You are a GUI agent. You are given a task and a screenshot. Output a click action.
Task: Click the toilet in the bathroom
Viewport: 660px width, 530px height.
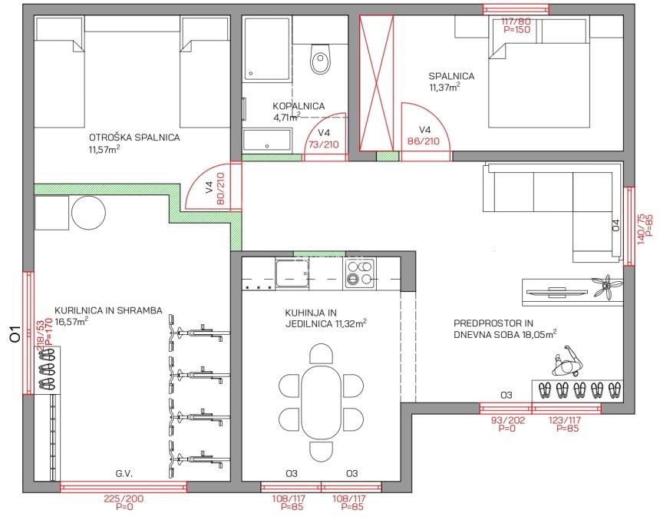coord(321,58)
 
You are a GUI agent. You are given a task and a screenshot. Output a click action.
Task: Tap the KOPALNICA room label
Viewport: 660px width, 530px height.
coord(299,106)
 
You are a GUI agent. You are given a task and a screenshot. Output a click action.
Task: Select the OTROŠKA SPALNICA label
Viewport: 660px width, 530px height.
coord(134,137)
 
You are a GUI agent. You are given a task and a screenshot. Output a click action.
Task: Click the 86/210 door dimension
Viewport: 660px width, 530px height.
coord(424,141)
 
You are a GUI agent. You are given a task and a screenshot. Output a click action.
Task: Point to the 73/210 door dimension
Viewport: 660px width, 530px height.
coord(324,144)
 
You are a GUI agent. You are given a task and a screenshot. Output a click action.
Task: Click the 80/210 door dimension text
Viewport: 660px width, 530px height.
coord(220,189)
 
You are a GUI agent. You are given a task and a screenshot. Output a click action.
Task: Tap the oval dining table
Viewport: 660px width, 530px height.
coord(321,402)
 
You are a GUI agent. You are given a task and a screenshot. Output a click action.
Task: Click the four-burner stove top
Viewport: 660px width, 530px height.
coord(360,273)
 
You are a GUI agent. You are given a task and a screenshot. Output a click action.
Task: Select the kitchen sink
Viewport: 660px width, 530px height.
coord(292,274)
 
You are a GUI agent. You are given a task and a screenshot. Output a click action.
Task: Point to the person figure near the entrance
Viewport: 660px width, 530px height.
coord(566,363)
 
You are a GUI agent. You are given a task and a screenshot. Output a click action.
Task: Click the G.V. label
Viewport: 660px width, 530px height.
coord(124,474)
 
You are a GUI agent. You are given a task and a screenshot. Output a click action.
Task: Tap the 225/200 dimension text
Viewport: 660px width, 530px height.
coord(124,499)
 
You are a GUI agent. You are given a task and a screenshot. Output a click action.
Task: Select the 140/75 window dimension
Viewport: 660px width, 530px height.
coord(641,229)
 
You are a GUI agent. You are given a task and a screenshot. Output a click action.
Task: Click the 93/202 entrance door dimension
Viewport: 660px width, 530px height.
coord(508,420)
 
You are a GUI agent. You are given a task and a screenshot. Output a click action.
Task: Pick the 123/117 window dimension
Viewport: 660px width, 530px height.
coord(565,420)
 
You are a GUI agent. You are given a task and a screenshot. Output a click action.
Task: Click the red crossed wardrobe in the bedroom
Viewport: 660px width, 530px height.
coord(376,83)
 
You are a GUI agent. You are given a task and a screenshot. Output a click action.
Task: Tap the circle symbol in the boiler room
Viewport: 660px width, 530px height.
coord(88,213)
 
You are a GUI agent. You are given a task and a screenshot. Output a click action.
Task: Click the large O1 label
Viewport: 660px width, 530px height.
coord(15,334)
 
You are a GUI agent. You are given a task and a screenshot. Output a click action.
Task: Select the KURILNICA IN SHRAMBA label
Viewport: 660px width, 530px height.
coord(108,310)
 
